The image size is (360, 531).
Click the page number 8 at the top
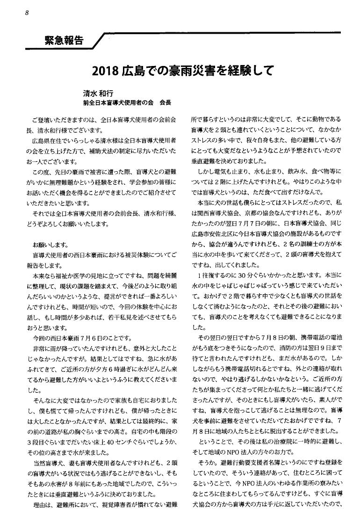tap(28, 13)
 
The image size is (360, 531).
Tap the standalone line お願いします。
tap(50, 245)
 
